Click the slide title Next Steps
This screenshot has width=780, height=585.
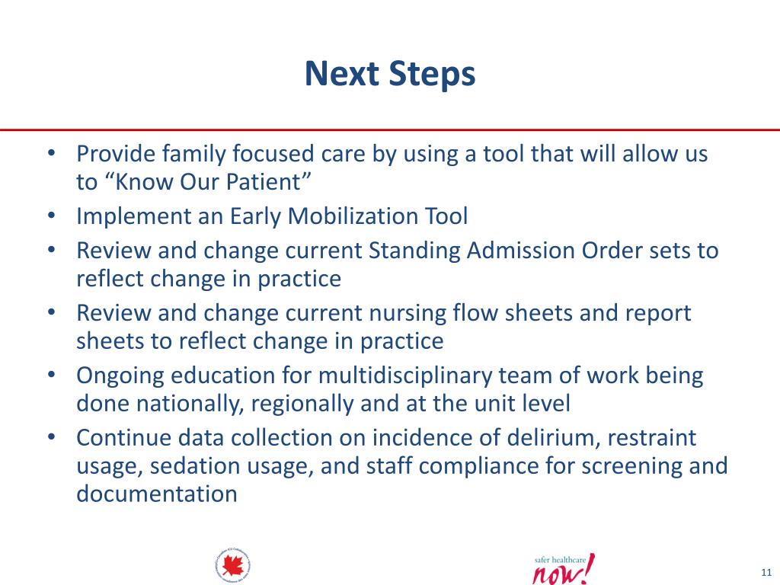click(390, 75)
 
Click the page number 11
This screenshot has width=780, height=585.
click(766, 572)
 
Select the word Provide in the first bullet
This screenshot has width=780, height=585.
click(116, 155)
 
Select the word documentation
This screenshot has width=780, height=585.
click(157, 494)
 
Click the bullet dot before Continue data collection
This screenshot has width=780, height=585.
click(50, 438)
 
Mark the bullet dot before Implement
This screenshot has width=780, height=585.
click(50, 216)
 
